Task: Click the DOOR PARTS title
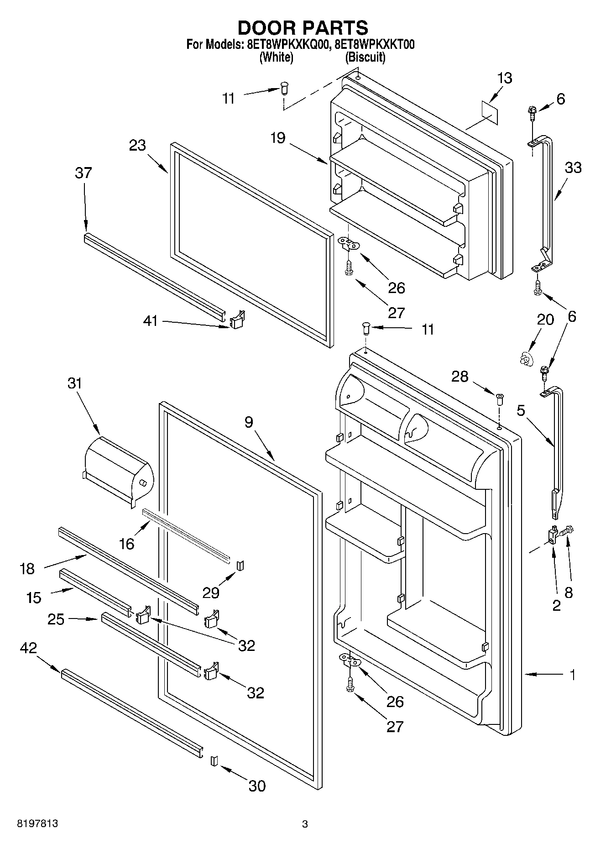pos(303,28)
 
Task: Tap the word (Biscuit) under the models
pos(365,58)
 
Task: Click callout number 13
pos(504,78)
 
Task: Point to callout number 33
pos(573,168)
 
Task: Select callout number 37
pos(84,173)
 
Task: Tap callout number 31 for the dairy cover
pos(75,383)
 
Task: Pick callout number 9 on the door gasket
pos(248,422)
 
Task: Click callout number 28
pos(460,377)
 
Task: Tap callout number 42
pos(28,648)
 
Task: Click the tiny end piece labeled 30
pos(213,761)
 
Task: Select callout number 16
pos(127,544)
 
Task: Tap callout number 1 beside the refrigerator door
pos(572,674)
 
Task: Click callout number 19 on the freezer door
pos(277,137)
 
